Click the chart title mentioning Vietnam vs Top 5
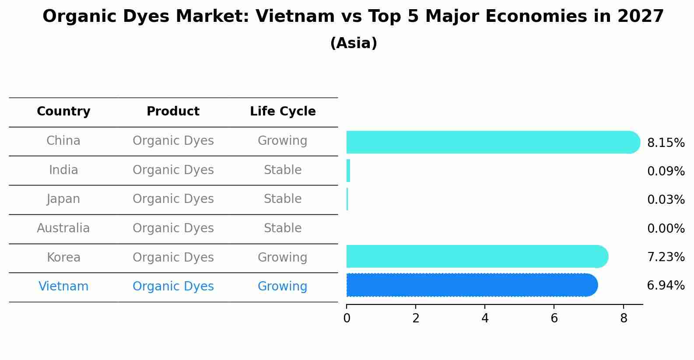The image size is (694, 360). tap(353, 17)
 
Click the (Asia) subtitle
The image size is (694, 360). tap(354, 43)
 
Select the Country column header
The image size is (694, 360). tap(63, 112)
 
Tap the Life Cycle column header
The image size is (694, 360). tap(283, 112)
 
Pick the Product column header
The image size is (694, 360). tap(173, 112)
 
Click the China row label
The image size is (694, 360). tap(63, 141)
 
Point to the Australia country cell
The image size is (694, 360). tap(63, 228)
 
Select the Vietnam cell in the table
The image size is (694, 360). tap(63, 287)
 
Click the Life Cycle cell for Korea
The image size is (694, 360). tap(282, 258)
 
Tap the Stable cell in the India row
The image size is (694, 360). tap(283, 170)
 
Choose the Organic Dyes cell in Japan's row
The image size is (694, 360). tap(173, 199)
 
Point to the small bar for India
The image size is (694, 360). tap(348, 171)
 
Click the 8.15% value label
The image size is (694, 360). tap(666, 143)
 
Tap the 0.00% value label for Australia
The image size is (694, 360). tap(666, 229)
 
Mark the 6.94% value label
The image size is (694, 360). tap(666, 286)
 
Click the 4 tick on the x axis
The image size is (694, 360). tap(485, 318)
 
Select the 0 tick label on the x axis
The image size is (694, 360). tap(347, 318)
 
